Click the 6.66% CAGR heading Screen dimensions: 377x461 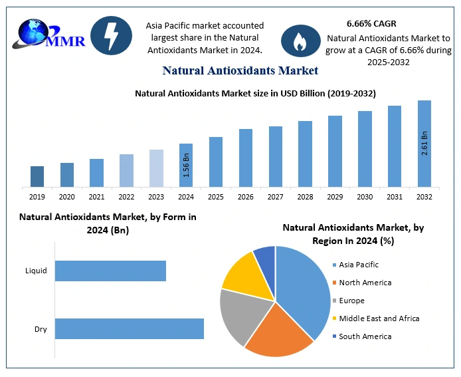[x=371, y=23]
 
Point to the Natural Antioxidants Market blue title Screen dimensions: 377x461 [x=240, y=70]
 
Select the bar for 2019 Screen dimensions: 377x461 [x=37, y=176]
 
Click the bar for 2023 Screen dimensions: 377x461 [x=156, y=168]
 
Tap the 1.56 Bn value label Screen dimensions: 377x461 [x=186, y=166]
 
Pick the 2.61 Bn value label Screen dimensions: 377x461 [x=424, y=144]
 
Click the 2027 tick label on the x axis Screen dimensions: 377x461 [x=276, y=197]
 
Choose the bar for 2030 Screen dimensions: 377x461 [x=365, y=148]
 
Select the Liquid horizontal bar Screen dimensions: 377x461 [x=110, y=271]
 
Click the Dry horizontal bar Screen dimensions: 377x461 [x=129, y=329]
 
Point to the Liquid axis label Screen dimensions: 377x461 [x=36, y=271]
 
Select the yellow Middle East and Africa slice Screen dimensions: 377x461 [x=240, y=274]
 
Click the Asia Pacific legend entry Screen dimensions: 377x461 [x=358, y=265]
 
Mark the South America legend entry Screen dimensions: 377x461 [x=365, y=336]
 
